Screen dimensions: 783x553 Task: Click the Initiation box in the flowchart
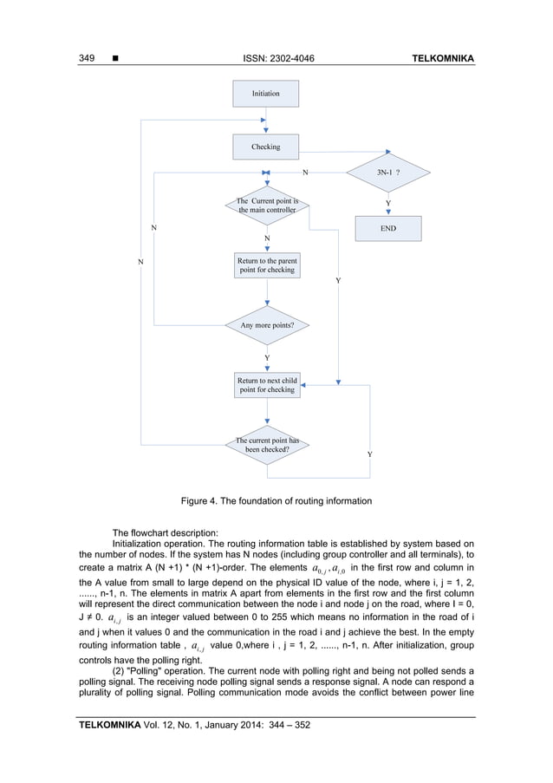pos(266,91)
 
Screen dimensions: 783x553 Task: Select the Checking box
pos(266,147)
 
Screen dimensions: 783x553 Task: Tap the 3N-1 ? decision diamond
pos(387,173)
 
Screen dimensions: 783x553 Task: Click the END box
pos(387,229)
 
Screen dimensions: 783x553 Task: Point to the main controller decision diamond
pos(267,206)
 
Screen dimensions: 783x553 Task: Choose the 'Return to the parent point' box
pos(267,265)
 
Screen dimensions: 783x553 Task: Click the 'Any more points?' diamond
pos(267,325)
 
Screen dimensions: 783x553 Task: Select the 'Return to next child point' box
pos(267,385)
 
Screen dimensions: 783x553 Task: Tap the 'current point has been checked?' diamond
pos(267,445)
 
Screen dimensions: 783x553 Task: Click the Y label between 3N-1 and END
pos(387,203)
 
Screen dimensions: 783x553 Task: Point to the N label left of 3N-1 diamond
pos(305,173)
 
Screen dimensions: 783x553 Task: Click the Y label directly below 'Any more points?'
pos(267,357)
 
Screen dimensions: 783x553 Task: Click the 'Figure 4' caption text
pos(276,501)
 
